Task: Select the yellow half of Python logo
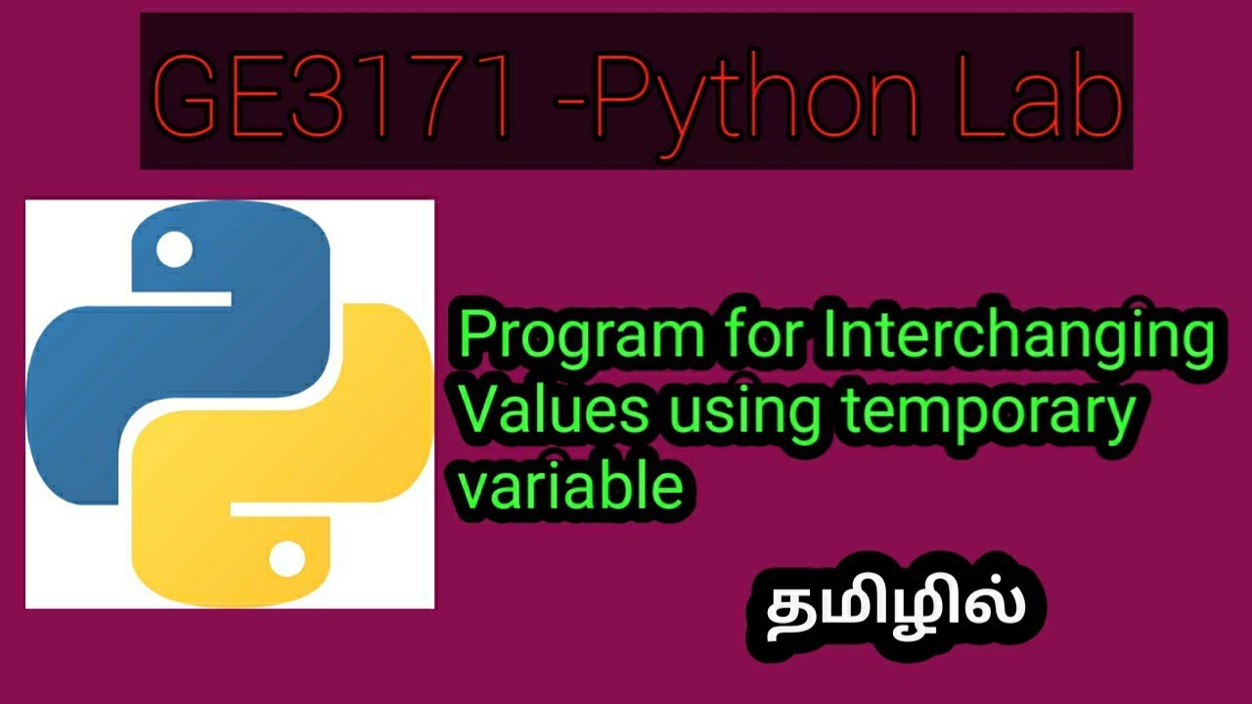(x=323, y=460)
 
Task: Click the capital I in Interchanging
(x=832, y=337)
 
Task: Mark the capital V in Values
(x=479, y=412)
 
